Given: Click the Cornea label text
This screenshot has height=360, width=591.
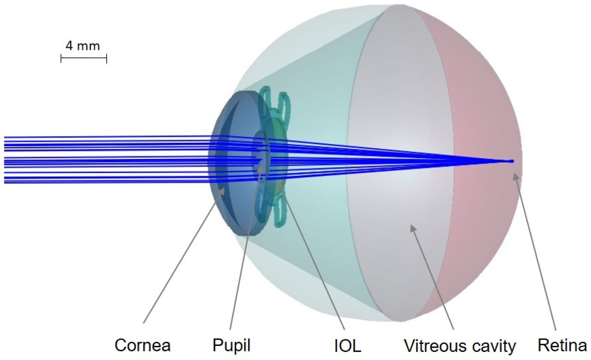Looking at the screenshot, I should click(142, 346).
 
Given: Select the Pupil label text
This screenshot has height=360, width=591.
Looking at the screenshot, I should click(231, 346).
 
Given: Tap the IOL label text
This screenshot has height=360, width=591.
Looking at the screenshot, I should click(347, 346).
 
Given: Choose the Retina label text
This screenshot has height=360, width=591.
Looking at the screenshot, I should click(562, 346).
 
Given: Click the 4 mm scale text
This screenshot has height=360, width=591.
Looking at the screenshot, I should click(83, 46).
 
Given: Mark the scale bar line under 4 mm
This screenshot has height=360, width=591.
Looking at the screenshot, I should click(84, 58).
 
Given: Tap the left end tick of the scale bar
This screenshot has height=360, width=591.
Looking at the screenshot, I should click(61, 58).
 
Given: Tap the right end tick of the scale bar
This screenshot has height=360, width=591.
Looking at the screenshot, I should click(107, 58).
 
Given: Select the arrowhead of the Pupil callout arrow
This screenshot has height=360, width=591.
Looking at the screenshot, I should click(260, 168).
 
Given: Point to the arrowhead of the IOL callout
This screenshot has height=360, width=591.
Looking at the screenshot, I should click(280, 188).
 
